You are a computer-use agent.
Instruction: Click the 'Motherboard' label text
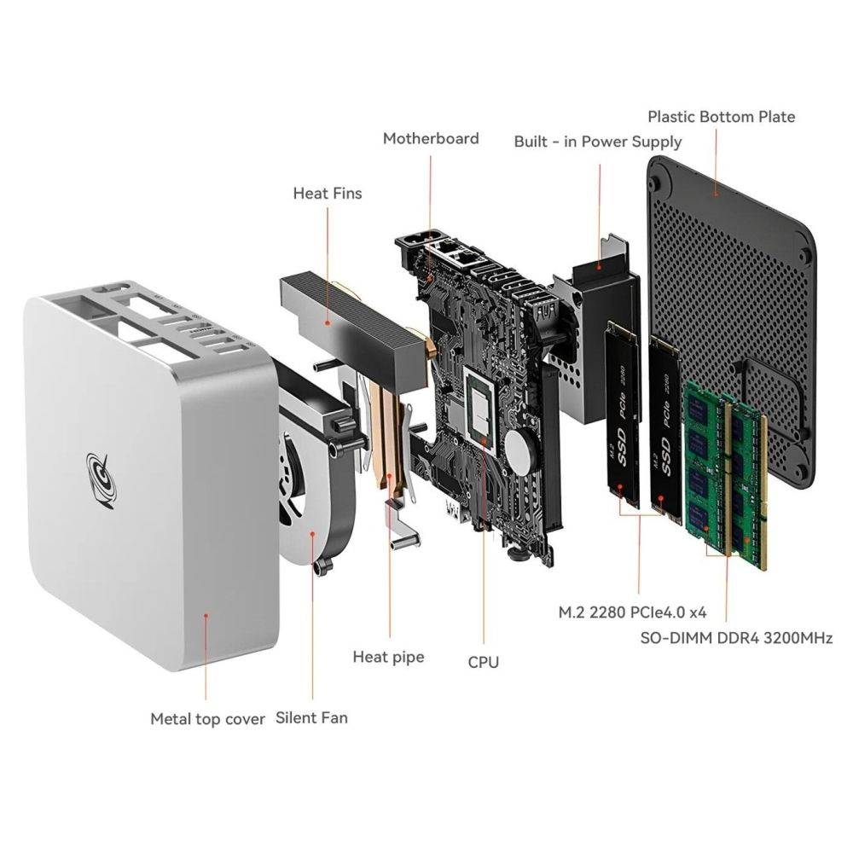tap(431, 139)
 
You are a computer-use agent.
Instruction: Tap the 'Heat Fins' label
tap(328, 193)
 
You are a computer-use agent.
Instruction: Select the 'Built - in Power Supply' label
tap(598, 142)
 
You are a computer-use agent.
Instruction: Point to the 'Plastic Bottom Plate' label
tap(722, 116)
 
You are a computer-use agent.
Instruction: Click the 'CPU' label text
tap(483, 662)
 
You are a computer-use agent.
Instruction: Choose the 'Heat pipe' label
tap(388, 657)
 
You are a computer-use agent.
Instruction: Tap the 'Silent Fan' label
tap(311, 717)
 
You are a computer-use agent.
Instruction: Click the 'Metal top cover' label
tap(208, 718)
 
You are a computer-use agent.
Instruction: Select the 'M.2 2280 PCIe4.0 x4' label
tap(633, 612)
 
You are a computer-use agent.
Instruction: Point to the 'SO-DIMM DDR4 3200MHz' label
tap(737, 637)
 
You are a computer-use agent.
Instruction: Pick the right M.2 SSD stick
tap(666, 427)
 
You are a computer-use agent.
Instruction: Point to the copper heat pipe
tap(390, 435)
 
